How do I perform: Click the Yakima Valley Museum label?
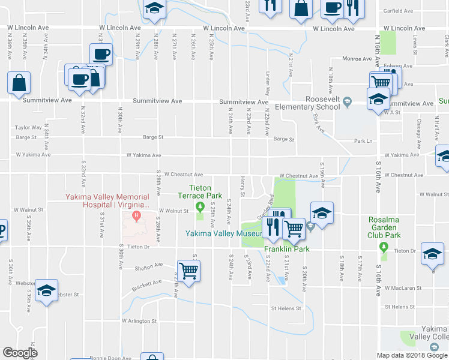[224, 233]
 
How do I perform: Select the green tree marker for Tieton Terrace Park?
[200, 209]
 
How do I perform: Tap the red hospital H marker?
[137, 215]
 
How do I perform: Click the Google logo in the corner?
[20, 353]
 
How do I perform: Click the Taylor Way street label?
[29, 127]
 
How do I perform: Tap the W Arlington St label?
[139, 321]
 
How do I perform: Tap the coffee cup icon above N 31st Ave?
[101, 54]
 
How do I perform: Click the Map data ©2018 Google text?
[412, 355]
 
